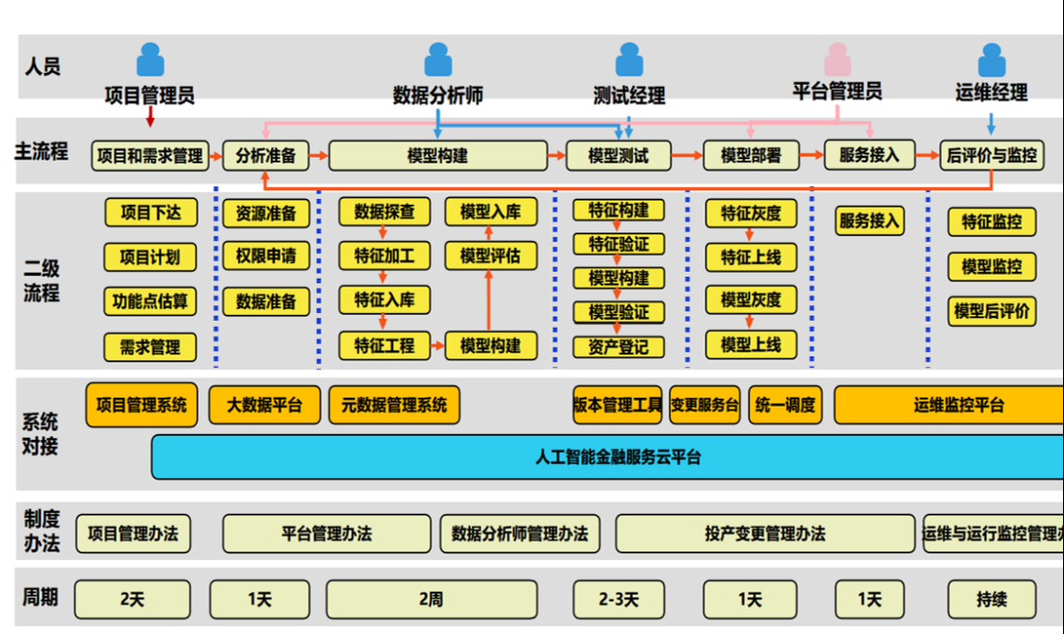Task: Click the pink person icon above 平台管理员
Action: coord(838,60)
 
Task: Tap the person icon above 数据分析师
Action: coord(437,60)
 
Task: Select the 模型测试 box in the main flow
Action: coord(618,156)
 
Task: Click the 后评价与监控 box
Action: coord(991,156)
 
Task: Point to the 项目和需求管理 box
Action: coord(150,156)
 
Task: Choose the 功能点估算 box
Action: coord(150,301)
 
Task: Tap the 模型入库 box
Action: coord(490,212)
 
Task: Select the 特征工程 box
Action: coord(384,346)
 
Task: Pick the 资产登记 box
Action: coord(619,347)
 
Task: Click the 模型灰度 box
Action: coord(751,300)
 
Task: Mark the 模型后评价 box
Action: coord(992,312)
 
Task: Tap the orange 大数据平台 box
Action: coord(264,405)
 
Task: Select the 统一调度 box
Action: coord(785,405)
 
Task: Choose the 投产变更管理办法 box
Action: coord(765,535)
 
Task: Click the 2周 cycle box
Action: coord(432,600)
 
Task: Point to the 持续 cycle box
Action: coord(992,599)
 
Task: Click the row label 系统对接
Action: coord(40,434)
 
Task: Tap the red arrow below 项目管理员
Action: coord(150,117)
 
